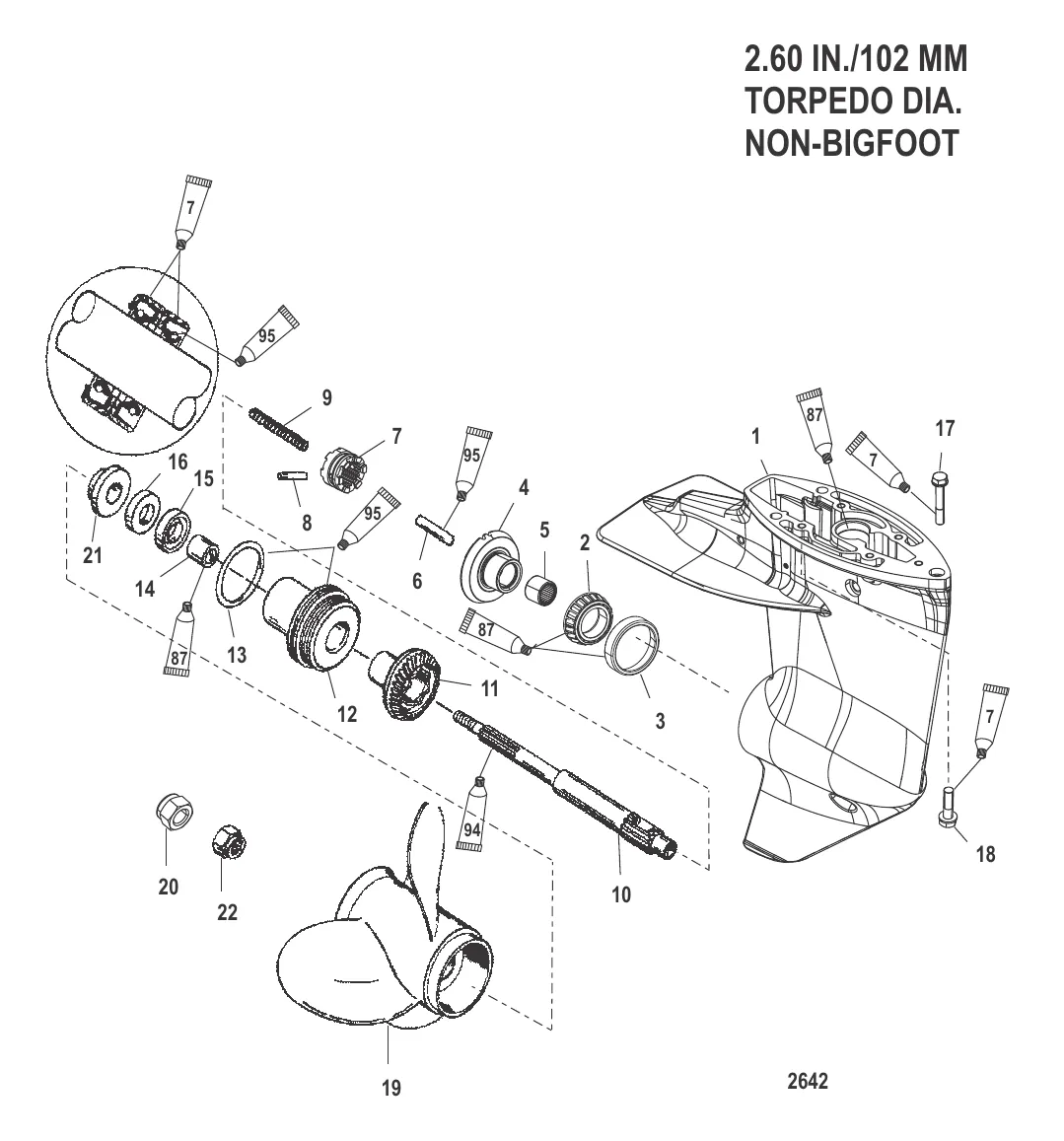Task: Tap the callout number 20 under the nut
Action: pos(169,887)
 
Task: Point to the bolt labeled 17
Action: pos(938,497)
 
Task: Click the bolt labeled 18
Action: pos(951,806)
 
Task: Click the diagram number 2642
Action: pos(808,1082)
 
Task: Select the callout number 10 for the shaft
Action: pos(621,895)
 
